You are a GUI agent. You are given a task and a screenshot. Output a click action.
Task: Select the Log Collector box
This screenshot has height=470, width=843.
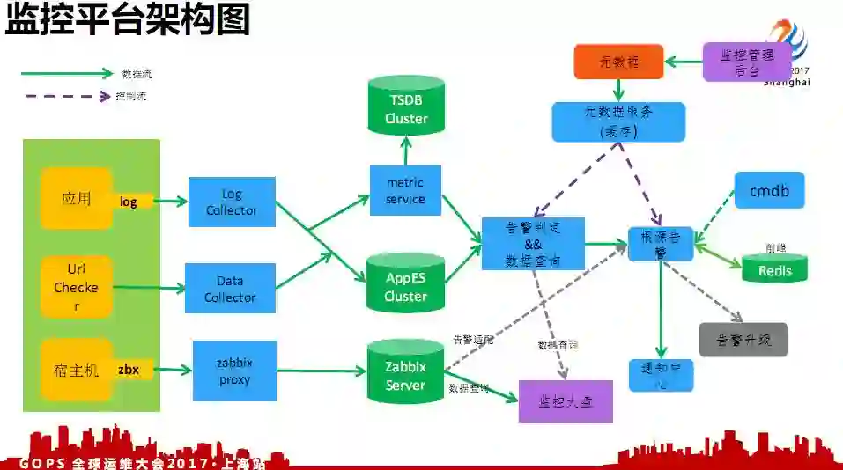232,202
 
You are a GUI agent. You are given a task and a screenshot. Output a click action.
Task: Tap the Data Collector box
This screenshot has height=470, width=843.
230,289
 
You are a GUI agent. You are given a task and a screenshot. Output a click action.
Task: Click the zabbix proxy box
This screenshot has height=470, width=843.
234,371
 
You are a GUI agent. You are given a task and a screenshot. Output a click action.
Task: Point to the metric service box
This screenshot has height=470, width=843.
405,191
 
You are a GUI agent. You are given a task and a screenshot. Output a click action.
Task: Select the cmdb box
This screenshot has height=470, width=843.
769,190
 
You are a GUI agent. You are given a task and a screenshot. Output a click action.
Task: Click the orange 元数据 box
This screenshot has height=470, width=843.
618,62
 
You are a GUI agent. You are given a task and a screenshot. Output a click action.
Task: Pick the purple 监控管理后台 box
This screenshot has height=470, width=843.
746,62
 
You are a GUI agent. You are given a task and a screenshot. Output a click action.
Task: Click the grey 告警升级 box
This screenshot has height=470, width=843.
743,339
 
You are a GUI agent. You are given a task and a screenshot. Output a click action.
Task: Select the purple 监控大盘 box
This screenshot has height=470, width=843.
565,401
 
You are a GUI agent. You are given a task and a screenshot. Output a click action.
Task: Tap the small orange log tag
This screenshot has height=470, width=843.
129,202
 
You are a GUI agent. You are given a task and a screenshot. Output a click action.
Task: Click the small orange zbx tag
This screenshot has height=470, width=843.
129,370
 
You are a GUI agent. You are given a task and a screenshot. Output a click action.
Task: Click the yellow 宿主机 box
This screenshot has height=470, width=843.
76,371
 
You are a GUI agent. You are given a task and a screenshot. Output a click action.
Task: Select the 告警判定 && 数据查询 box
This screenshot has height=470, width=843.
533,243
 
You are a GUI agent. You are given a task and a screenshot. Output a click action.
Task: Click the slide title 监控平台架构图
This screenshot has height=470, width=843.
128,20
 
